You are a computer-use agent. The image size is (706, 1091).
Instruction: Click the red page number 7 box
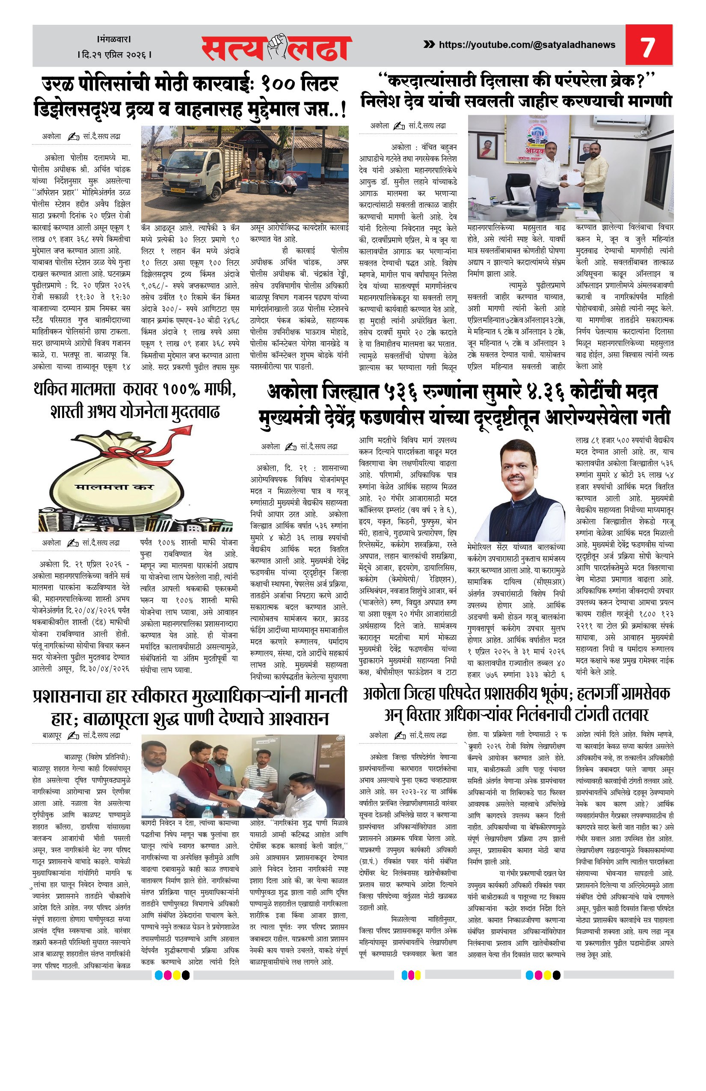[648, 45]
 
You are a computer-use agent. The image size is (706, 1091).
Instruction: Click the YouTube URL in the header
[527, 45]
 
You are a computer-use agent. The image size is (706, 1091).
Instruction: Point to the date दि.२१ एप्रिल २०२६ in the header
[115, 55]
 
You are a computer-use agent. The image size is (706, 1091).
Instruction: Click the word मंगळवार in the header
[115, 39]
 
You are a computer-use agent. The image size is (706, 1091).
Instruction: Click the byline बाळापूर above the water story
[52, 735]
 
